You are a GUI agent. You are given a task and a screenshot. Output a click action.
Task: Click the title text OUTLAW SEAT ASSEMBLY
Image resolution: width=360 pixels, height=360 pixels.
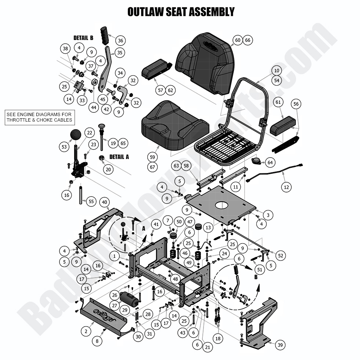tap(181, 11)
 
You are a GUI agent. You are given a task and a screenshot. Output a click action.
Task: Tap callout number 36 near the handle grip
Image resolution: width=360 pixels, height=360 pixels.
tap(120, 40)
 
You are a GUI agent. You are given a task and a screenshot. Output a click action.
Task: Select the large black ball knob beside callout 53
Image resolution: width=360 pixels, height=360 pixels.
tap(76, 134)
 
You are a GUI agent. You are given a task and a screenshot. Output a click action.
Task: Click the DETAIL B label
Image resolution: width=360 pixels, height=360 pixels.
tap(83, 38)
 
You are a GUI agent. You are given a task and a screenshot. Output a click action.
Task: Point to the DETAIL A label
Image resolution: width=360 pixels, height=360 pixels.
tap(119, 156)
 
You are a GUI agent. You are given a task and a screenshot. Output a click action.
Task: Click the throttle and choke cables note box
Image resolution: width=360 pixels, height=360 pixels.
tap(39, 117)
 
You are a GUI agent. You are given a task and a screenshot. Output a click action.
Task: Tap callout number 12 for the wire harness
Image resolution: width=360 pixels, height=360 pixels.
tap(287, 187)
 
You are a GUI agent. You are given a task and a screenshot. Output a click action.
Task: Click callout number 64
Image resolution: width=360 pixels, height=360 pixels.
tap(270, 162)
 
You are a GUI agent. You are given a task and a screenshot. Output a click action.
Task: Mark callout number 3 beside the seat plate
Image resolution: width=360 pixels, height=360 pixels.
tap(268, 215)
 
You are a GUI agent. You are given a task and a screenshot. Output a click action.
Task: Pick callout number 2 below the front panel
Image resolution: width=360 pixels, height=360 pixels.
tap(86, 331)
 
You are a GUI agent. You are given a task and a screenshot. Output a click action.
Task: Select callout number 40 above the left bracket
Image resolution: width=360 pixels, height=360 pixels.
tap(104, 202)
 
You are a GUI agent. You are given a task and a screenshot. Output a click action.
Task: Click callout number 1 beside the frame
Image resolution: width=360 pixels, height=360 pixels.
tap(115, 256)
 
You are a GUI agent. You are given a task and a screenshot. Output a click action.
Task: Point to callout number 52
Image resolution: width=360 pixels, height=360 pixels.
tap(281, 255)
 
